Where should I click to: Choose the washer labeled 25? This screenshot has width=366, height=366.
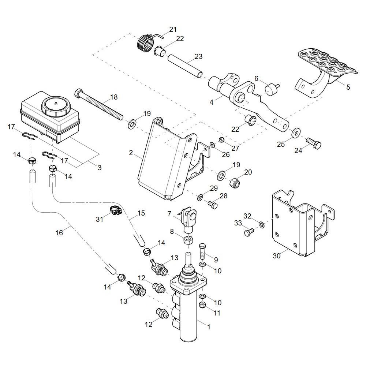pyautogui.click(x=296, y=132)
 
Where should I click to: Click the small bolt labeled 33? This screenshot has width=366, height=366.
pyautogui.click(x=249, y=232)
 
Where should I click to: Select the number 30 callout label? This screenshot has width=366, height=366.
pyautogui.click(x=277, y=256)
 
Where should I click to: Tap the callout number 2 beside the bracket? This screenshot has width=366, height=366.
pyautogui.click(x=131, y=153)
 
